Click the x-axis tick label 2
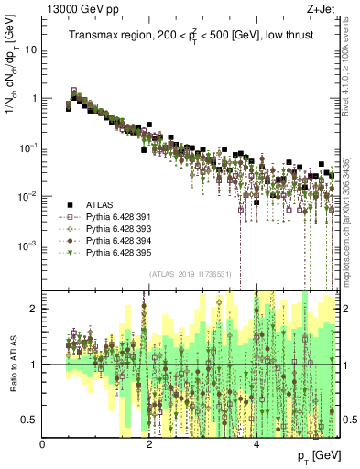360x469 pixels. tap(149, 444)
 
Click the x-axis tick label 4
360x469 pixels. tap(256, 444)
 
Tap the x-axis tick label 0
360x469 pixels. tap(43, 444)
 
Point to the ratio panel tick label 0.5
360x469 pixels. tap(30, 420)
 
